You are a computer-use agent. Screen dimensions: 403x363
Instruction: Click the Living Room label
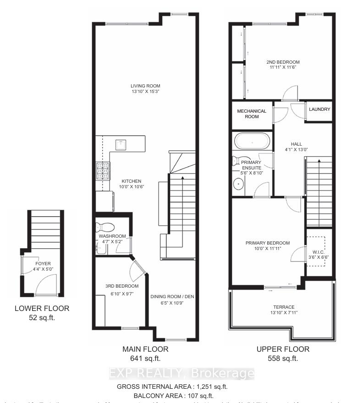[x=145, y=86]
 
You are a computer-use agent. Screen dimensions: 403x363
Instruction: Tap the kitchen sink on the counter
[x=121, y=144]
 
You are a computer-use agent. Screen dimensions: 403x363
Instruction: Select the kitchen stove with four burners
[x=103, y=171]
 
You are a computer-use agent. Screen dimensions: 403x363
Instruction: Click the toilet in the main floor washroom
[x=104, y=226]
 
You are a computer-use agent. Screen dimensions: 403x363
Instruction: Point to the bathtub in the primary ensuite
[x=252, y=140]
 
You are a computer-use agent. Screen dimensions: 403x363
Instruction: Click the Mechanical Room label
[x=251, y=114]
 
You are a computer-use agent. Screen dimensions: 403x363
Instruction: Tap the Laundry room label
[x=319, y=109]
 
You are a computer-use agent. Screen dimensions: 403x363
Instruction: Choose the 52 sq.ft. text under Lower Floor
[x=42, y=318]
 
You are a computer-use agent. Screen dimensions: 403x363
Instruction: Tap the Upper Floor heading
[x=282, y=349]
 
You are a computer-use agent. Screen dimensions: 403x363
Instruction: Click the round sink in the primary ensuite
[x=239, y=184]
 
